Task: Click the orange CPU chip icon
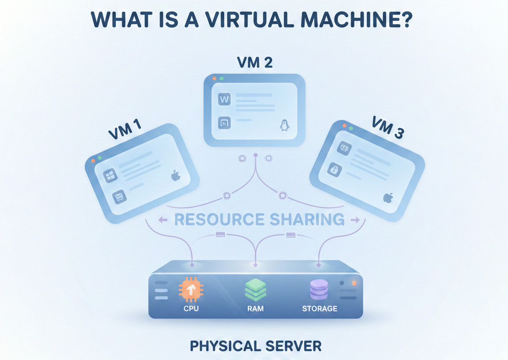191,290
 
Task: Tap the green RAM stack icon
255,289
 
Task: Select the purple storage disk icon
319,290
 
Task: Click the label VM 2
255,63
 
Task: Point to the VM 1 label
125,128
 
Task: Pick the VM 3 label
388,127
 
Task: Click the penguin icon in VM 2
284,125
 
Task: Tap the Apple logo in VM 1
176,176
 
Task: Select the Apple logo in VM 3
388,197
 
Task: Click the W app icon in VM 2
224,99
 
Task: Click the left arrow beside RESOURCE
163,219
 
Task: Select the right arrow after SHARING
354,219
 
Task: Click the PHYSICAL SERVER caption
255,345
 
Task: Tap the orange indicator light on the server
354,283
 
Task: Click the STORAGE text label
320,308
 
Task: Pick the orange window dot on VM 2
214,79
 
